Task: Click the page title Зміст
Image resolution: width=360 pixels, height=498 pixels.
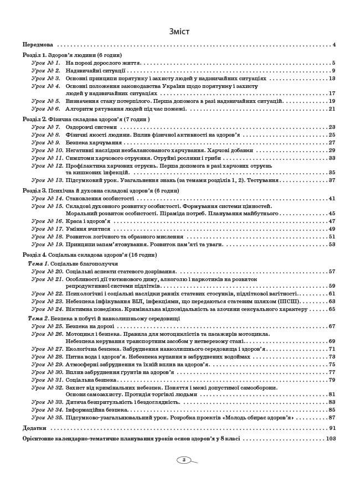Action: (x=180, y=32)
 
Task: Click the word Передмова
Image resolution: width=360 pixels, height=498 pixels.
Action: (x=38, y=44)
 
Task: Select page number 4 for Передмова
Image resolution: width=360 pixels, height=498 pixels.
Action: (x=334, y=44)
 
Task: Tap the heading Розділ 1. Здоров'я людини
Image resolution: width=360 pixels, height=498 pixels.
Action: (x=72, y=55)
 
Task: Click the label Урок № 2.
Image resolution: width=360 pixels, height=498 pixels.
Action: (x=45, y=71)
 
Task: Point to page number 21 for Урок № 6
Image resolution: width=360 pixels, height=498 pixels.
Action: (x=332, y=109)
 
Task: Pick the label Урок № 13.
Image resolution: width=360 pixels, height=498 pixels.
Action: (x=47, y=180)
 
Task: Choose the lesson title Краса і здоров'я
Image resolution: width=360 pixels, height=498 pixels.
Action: (x=88, y=221)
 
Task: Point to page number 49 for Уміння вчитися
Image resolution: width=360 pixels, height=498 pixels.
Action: (x=332, y=229)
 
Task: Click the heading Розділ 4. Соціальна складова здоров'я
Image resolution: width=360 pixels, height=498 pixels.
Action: (x=89, y=255)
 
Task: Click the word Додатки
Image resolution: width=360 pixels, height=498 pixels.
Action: (x=34, y=428)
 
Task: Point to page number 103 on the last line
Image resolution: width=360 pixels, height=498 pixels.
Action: (x=331, y=438)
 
